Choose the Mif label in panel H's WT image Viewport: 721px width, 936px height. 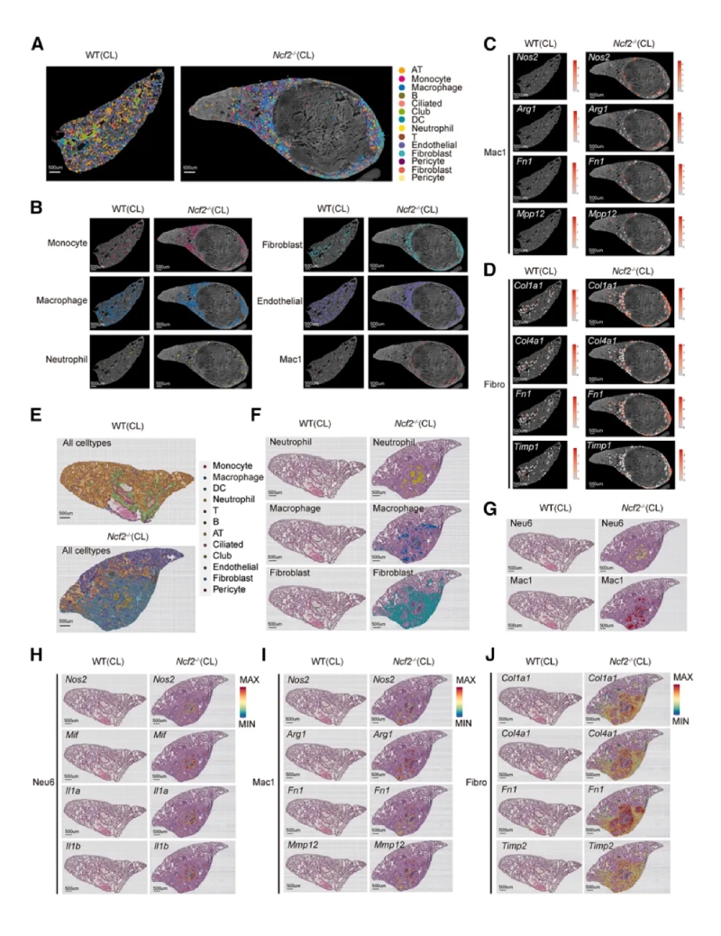pos(74,733)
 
